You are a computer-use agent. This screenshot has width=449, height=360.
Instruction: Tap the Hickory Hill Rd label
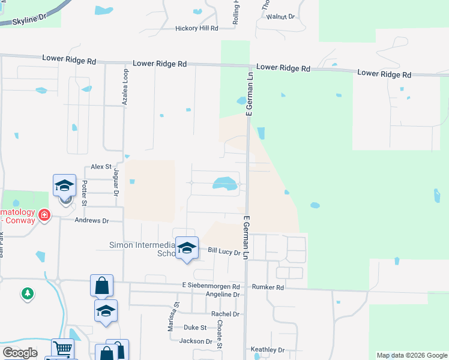click(x=196, y=28)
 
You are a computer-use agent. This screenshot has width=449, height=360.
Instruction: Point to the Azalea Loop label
click(x=125, y=88)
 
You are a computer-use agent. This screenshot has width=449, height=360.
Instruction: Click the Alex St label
click(x=101, y=166)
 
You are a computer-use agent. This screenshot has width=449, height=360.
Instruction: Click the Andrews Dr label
click(x=91, y=221)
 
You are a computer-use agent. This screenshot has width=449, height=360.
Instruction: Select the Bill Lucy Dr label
click(x=224, y=253)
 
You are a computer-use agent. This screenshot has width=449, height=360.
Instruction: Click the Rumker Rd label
click(x=268, y=287)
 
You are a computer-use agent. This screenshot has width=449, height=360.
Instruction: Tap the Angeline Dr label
click(x=223, y=295)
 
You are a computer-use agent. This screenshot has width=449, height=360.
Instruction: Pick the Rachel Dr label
click(x=225, y=314)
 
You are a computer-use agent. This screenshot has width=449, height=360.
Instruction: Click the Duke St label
click(x=195, y=328)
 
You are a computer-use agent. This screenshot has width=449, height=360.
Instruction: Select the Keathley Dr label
click(x=267, y=350)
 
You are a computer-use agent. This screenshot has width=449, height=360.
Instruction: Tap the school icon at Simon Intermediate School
click(x=187, y=247)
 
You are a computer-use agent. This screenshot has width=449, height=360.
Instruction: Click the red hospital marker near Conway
click(x=44, y=215)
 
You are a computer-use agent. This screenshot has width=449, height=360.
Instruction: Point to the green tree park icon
click(x=27, y=293)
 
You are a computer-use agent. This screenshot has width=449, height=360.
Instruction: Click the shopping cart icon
click(x=62, y=348)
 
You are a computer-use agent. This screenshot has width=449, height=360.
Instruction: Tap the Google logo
click(x=20, y=353)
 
